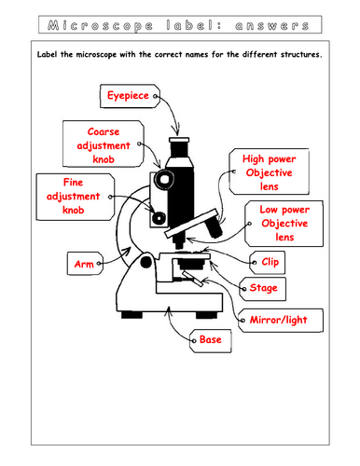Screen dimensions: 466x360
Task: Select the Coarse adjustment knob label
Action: point(101,145)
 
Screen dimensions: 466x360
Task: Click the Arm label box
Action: point(81,265)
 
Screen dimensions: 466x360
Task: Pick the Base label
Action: point(211,341)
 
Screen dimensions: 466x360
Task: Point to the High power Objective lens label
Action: point(267,173)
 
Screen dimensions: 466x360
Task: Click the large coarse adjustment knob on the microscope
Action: point(164,176)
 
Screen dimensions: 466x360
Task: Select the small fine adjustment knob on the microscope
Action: point(159,217)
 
